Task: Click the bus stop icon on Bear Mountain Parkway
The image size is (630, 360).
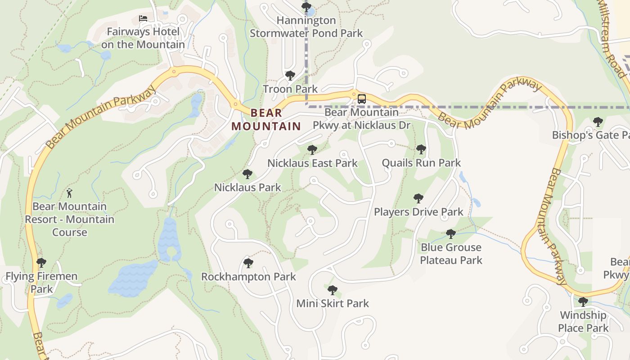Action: pyautogui.click(x=361, y=99)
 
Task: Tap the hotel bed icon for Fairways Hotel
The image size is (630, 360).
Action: pyautogui.click(x=143, y=19)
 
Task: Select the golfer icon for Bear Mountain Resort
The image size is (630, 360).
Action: pyautogui.click(x=69, y=193)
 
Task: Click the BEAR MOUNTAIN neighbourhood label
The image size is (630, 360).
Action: pyautogui.click(x=266, y=120)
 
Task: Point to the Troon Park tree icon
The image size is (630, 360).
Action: pyautogui.click(x=290, y=76)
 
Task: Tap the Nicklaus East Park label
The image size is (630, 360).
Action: pyautogui.click(x=312, y=163)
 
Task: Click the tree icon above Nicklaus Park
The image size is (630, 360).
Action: pyautogui.click(x=247, y=174)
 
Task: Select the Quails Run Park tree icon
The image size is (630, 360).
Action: pyautogui.click(x=421, y=149)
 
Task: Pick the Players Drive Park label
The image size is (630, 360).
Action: pyautogui.click(x=418, y=211)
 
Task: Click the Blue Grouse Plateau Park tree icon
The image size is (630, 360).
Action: pyautogui.click(x=450, y=234)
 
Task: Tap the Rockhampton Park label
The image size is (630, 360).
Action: pyautogui.click(x=248, y=277)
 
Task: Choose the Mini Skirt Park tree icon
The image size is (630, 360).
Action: pyautogui.click(x=333, y=290)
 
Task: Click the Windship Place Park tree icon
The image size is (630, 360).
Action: pyautogui.click(x=583, y=302)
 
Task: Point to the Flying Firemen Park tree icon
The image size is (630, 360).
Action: pyautogui.click(x=41, y=263)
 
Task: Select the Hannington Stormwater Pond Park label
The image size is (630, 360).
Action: pyautogui.click(x=306, y=27)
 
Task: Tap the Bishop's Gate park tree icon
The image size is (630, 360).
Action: pyautogui.click(x=598, y=122)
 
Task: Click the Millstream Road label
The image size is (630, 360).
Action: pyautogui.click(x=611, y=38)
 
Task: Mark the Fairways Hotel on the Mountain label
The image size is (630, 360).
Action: pyautogui.click(x=143, y=38)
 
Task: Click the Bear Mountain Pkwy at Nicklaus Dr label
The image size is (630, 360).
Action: pyautogui.click(x=361, y=119)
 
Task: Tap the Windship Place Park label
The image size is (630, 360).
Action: pyautogui.click(x=583, y=321)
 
